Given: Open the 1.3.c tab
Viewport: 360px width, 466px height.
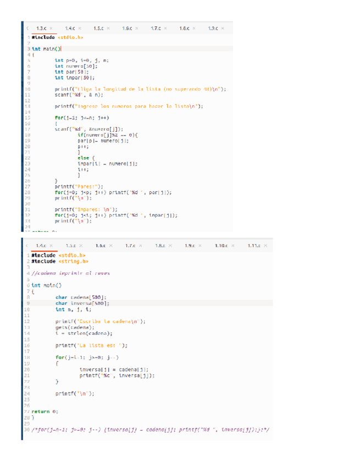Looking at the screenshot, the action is [x=40, y=27].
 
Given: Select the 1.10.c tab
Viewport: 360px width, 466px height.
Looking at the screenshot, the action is [x=221, y=245].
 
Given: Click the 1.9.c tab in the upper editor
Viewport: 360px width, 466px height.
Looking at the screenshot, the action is [x=214, y=27].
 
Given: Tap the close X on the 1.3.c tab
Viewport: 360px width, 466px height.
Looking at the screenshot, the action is [x=51, y=27].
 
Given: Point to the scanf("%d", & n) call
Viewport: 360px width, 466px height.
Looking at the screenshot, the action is [x=73, y=94].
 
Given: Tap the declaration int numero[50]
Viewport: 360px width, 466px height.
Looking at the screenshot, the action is [x=73, y=65].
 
